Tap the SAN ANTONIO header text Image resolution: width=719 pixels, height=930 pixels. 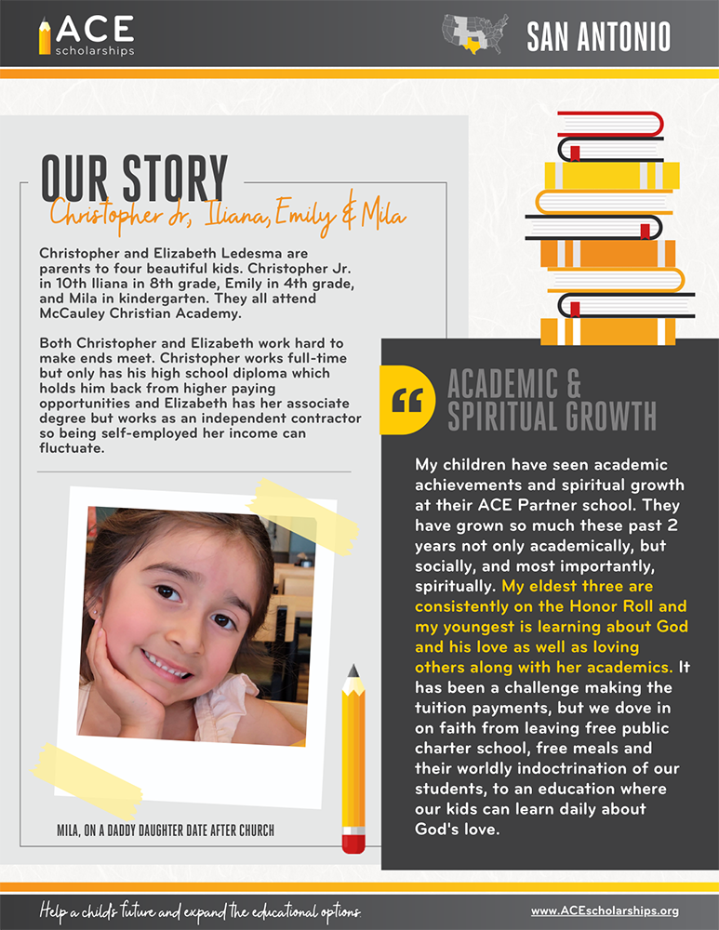(598, 36)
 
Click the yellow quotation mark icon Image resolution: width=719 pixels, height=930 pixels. (407, 399)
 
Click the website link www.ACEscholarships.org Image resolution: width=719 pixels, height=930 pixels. (605, 910)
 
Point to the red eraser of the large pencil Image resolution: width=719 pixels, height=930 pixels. (353, 843)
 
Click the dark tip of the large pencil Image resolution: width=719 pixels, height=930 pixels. (353, 671)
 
